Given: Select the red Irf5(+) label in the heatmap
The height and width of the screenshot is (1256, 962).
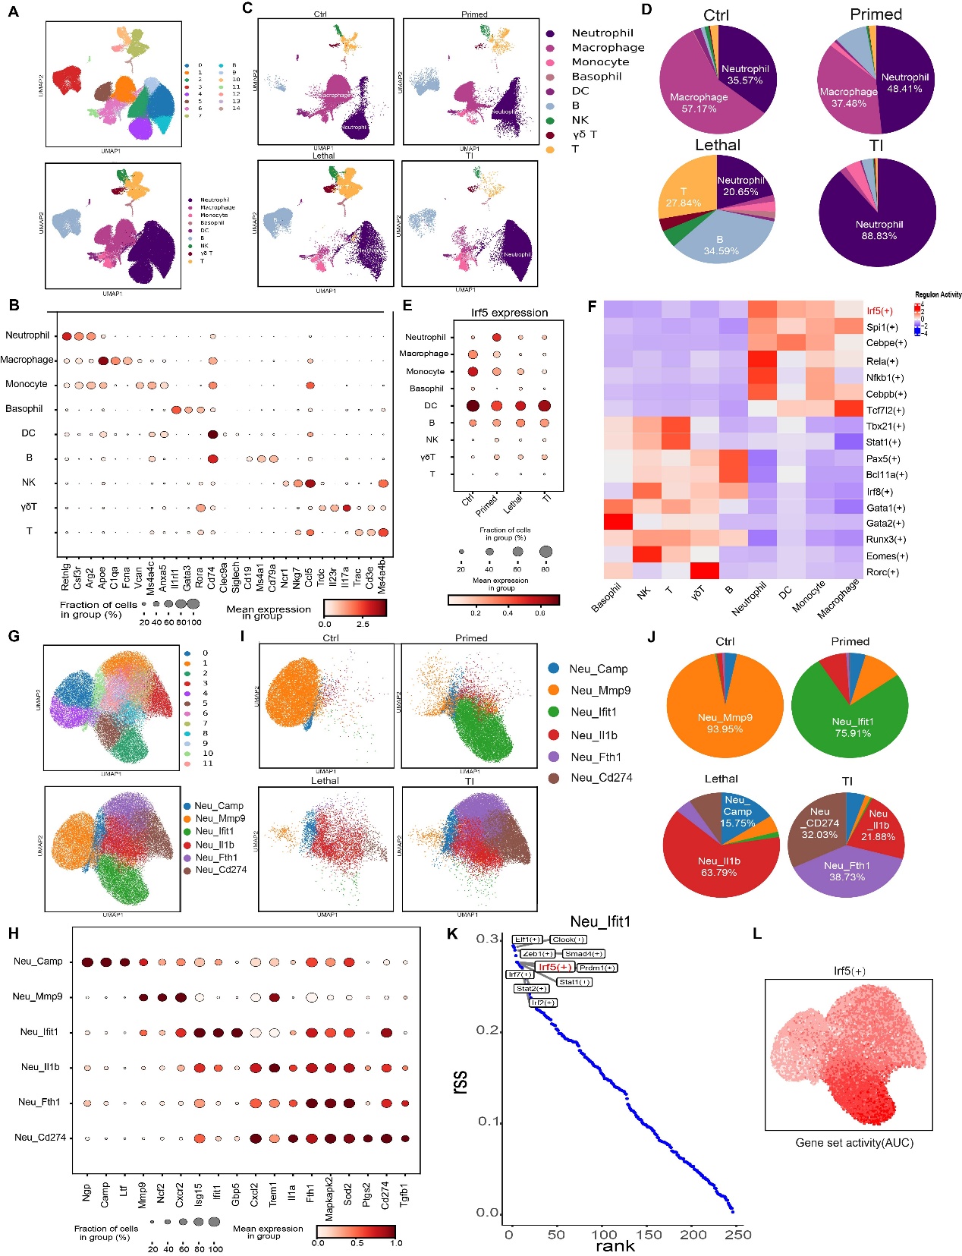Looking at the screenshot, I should tap(879, 311).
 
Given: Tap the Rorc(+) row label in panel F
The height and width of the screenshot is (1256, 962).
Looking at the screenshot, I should tap(882, 572).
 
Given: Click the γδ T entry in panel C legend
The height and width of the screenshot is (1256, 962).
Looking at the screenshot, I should tap(583, 134).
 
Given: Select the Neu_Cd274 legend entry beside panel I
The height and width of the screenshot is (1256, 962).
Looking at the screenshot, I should tap(601, 778).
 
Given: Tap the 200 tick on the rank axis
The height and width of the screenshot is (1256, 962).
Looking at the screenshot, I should tap(693, 1235).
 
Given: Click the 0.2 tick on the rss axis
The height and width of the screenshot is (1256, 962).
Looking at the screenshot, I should tap(488, 1030).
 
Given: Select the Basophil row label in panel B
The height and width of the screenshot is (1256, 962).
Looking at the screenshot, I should tap(24, 408).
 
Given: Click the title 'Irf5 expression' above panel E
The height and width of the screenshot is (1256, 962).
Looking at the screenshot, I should tap(509, 313).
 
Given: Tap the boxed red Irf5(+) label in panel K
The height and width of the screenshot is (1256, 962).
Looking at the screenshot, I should tap(554, 967).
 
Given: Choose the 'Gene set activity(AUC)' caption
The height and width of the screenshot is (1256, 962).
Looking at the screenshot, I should tap(854, 1143).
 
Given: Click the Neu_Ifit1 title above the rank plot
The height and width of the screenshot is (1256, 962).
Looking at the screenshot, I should tap(599, 922).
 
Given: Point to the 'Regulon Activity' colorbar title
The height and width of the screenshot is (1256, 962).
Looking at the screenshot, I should tap(938, 294).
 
